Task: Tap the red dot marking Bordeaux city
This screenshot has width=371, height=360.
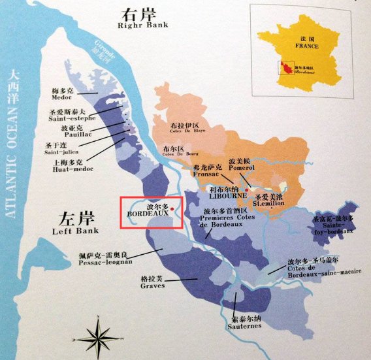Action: click(x=172, y=209)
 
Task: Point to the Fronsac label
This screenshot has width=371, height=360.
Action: click(x=208, y=174)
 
